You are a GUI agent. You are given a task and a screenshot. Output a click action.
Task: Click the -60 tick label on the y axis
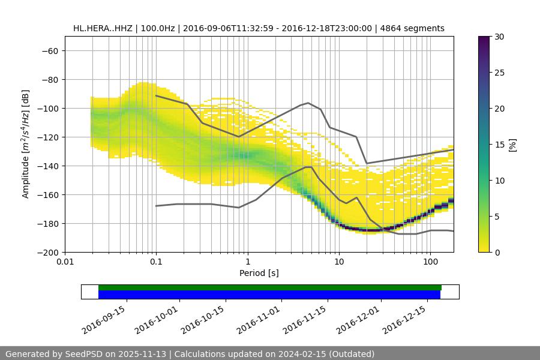coord(50,51)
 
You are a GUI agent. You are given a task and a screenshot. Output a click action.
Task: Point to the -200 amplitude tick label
coord(47,253)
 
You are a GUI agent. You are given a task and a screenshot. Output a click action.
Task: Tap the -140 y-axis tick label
coord(47,166)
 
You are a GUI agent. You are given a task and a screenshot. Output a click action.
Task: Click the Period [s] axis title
coord(259,274)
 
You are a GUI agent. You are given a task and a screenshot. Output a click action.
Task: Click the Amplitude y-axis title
coord(26,144)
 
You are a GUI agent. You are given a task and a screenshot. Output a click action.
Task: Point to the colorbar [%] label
coord(512,145)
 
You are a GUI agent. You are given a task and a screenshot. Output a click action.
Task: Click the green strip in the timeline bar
coord(270,287)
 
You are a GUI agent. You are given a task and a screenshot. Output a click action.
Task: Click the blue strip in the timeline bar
coord(270,295)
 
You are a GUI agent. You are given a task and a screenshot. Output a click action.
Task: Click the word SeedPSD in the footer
coord(85,354)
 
